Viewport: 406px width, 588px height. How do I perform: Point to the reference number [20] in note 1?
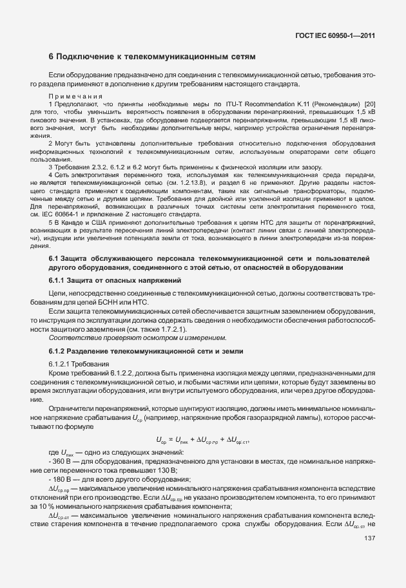click(x=369, y=104)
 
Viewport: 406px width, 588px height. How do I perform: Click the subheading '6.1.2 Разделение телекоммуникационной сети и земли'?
click(x=137, y=351)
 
